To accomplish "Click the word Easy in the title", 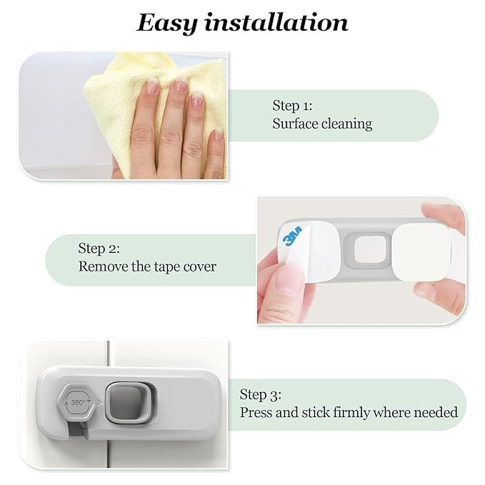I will (x=166, y=23).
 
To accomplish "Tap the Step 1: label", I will (x=292, y=106).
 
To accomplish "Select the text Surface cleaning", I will (x=322, y=124).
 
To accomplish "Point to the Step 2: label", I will (x=99, y=249).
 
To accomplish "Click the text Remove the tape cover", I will (x=147, y=266).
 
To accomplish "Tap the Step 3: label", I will (x=261, y=394).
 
